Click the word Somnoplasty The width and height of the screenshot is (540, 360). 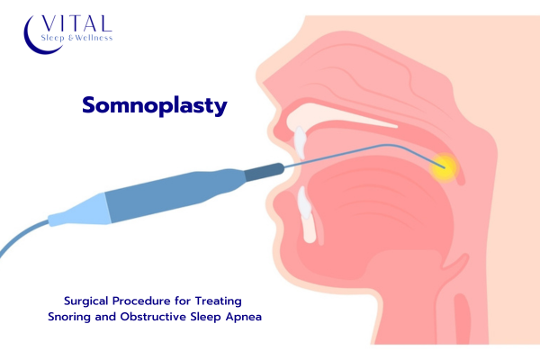(155, 105)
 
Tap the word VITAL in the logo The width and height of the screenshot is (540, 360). (76, 23)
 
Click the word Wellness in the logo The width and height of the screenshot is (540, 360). (94, 38)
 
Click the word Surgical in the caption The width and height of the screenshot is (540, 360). (86, 301)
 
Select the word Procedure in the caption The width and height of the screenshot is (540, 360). (141, 301)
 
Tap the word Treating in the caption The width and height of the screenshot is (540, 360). (219, 301)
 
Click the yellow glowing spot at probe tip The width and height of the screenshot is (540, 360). (445, 167)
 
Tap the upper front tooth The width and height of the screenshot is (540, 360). (300, 141)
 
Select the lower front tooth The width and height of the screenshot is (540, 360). (305, 204)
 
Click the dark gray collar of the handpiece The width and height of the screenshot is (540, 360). (264, 172)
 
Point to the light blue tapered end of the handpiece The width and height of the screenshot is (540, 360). (79, 211)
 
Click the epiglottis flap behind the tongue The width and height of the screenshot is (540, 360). (456, 261)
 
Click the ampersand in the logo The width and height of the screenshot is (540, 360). (70, 38)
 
